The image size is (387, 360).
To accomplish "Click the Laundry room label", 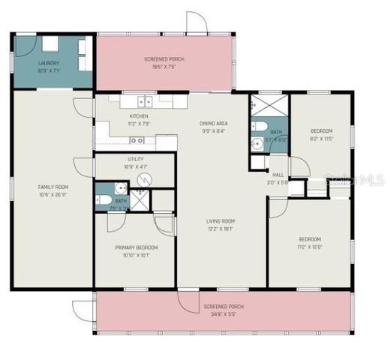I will (48, 63).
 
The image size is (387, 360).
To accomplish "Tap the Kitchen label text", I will (139, 116).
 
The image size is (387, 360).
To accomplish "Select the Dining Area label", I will (214, 123).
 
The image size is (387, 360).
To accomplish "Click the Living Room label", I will (222, 220).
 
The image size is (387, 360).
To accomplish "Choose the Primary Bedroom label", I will (136, 247).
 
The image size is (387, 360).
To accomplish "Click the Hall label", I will (277, 174).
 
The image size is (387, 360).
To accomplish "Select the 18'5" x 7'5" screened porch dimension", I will (163, 66).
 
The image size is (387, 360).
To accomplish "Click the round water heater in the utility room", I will (148, 178).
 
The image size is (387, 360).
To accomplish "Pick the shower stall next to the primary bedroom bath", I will (139, 199).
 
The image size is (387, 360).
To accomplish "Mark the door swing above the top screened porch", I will (196, 22).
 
